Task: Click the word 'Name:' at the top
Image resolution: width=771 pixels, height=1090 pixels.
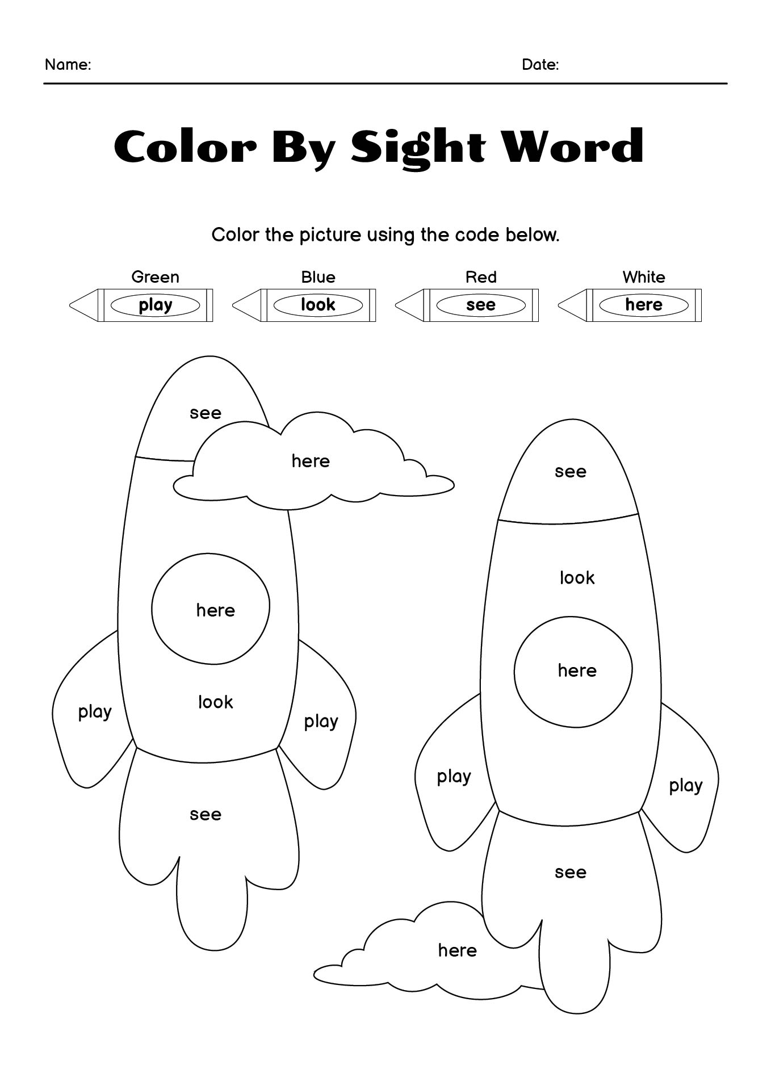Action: pyautogui.click(x=68, y=64)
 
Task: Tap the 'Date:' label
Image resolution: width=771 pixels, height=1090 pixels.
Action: pyautogui.click(x=540, y=64)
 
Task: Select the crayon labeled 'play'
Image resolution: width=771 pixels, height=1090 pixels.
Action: pyautogui.click(x=141, y=305)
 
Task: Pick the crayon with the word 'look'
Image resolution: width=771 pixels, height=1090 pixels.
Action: pyautogui.click(x=304, y=305)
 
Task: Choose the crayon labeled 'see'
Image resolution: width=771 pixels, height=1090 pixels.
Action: pyautogui.click(x=467, y=305)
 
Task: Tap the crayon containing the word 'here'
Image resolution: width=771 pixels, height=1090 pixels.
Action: pyautogui.click(x=630, y=305)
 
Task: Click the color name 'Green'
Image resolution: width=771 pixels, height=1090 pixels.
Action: pyautogui.click(x=155, y=277)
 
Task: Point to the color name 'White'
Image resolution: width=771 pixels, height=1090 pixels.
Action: pyautogui.click(x=644, y=277)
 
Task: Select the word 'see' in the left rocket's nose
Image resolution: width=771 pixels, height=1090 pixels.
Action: pyautogui.click(x=206, y=413)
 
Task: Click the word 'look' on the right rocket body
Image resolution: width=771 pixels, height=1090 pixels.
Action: pyautogui.click(x=577, y=577)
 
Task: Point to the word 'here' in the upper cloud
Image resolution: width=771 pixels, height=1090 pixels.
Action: pyautogui.click(x=311, y=460)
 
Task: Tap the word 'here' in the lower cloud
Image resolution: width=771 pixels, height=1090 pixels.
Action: pyautogui.click(x=457, y=950)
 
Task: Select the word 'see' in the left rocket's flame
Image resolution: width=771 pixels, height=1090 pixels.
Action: pyautogui.click(x=206, y=815)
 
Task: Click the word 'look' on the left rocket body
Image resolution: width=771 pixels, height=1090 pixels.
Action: pyautogui.click(x=215, y=702)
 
